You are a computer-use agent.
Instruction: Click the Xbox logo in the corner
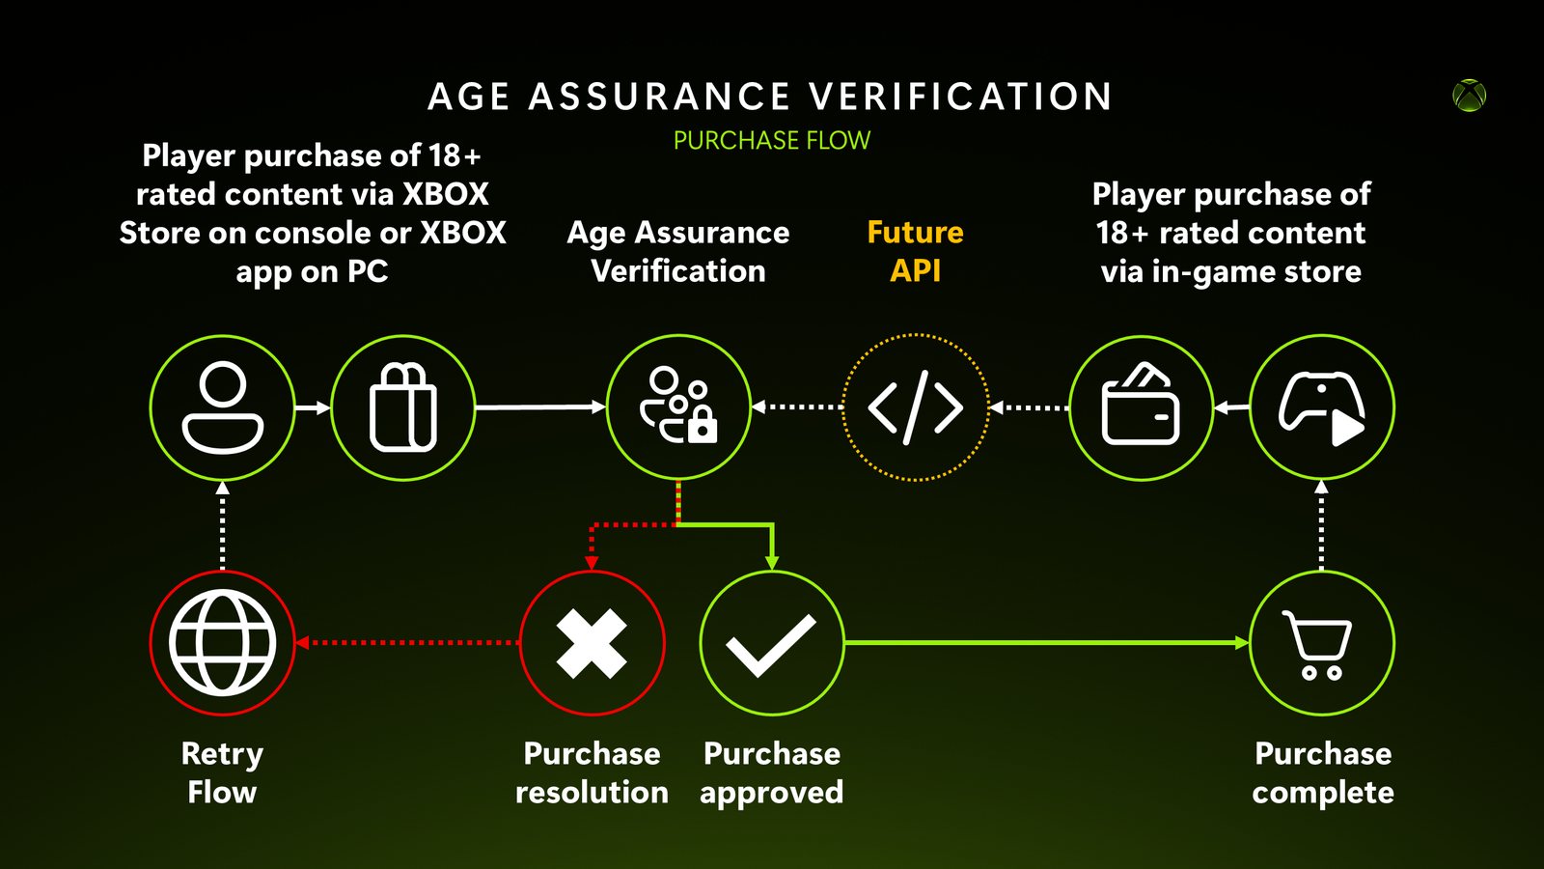pyautogui.click(x=1469, y=96)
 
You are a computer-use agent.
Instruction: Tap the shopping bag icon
pyautogui.click(x=403, y=407)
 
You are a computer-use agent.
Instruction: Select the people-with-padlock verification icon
pyautogui.click(x=678, y=406)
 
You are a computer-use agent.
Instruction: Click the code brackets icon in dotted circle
pyautogui.click(x=916, y=406)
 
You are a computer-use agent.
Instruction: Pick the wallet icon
pyautogui.click(x=1141, y=405)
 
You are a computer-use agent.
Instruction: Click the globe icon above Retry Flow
pyautogui.click(x=223, y=643)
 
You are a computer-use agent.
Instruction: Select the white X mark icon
pyautogui.click(x=592, y=643)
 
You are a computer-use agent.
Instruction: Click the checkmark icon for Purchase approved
pyautogui.click(x=771, y=645)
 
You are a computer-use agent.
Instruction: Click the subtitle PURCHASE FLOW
pyautogui.click(x=772, y=141)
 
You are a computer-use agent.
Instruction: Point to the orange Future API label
pyautogui.click(x=916, y=252)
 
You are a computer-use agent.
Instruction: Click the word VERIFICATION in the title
pyautogui.click(x=961, y=96)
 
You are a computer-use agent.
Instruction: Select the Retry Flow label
pyautogui.click(x=222, y=772)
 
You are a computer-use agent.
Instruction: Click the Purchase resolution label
pyautogui.click(x=593, y=772)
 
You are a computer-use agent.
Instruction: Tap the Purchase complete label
pyautogui.click(x=1323, y=772)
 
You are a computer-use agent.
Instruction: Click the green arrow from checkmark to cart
pyautogui.click(x=1046, y=643)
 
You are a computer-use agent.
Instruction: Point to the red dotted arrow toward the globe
pyautogui.click(x=406, y=643)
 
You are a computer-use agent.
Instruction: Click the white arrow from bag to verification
pyautogui.click(x=540, y=406)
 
